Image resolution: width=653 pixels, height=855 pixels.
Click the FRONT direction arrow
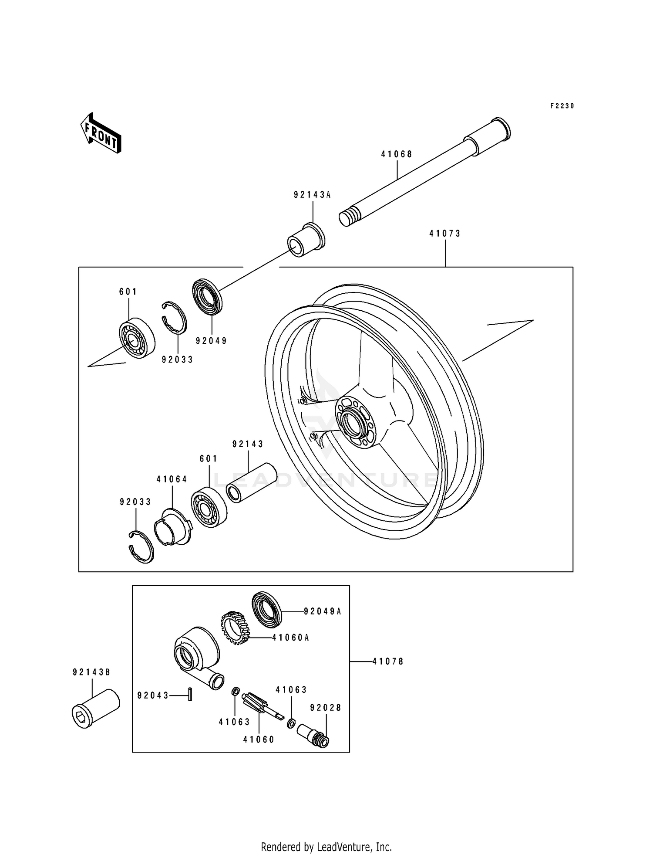100,133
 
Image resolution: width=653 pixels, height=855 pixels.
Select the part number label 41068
397,154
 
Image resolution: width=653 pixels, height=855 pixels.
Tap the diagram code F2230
562,106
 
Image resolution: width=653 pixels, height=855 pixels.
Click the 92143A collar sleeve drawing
306,240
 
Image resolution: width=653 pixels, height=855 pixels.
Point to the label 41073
445,234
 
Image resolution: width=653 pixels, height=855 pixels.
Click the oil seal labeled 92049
207,296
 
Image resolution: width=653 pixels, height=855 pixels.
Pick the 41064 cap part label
172,479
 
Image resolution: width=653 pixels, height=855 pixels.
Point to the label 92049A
322,611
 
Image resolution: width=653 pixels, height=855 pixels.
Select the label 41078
388,662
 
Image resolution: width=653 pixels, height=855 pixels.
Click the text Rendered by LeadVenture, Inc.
326,846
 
